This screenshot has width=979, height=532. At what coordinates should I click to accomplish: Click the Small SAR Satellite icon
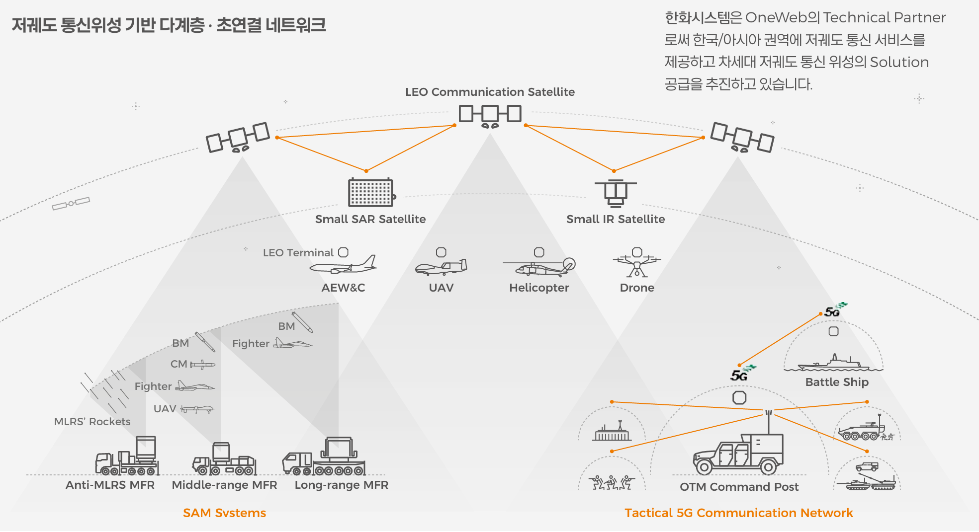(371, 192)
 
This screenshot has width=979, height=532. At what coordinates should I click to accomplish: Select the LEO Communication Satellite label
(490, 92)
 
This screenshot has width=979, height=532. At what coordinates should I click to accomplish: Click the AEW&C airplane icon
(343, 266)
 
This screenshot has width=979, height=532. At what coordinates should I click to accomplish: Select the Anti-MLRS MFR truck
(127, 457)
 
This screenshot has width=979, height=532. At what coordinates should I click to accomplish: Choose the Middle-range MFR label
(224, 485)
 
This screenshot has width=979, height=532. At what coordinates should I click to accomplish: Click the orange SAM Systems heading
(224, 513)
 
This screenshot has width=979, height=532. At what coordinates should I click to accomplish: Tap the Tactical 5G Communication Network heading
(738, 513)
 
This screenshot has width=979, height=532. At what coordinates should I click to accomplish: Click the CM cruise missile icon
(202, 365)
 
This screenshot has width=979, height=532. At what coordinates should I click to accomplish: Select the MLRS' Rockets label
(92, 422)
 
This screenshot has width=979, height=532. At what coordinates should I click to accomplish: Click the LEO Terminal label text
(298, 253)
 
